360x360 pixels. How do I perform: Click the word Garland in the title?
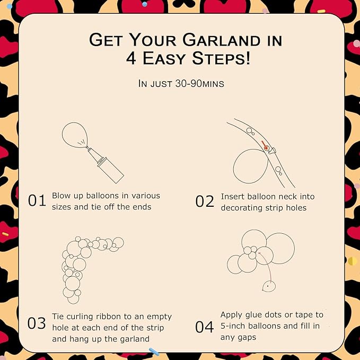221,40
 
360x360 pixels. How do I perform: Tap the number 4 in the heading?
131,58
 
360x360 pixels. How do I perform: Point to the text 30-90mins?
199,84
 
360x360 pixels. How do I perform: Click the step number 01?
37,200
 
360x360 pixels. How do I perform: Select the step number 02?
205,201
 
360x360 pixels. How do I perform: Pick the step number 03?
37,323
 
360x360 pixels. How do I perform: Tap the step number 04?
204,327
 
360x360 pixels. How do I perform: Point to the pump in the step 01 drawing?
106,165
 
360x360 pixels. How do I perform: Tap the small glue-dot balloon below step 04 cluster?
269,286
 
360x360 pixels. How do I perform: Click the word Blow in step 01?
62,196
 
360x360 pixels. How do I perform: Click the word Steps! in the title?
221,58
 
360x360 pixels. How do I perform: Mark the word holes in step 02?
296,208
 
